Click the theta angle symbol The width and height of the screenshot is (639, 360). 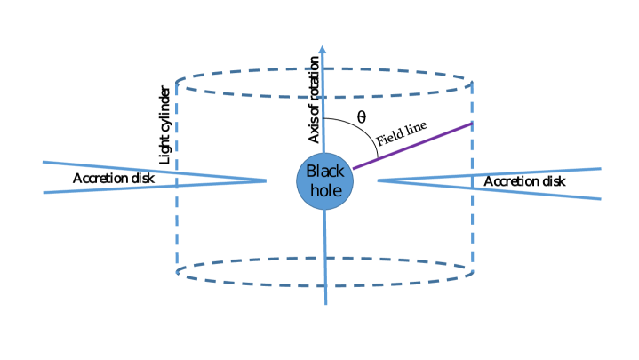click(361, 116)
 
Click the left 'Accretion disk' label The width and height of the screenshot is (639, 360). click(114, 179)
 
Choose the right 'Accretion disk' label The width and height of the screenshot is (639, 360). click(524, 181)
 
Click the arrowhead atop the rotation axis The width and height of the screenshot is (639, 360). click(323, 51)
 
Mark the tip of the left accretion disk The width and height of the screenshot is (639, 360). click(265, 180)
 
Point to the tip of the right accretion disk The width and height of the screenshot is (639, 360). click(379, 180)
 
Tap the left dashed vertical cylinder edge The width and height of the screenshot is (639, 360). click(177, 222)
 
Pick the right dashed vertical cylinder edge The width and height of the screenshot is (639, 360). click(471, 222)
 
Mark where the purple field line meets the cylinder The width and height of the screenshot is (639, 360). click(471, 123)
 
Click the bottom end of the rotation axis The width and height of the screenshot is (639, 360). click(327, 303)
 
